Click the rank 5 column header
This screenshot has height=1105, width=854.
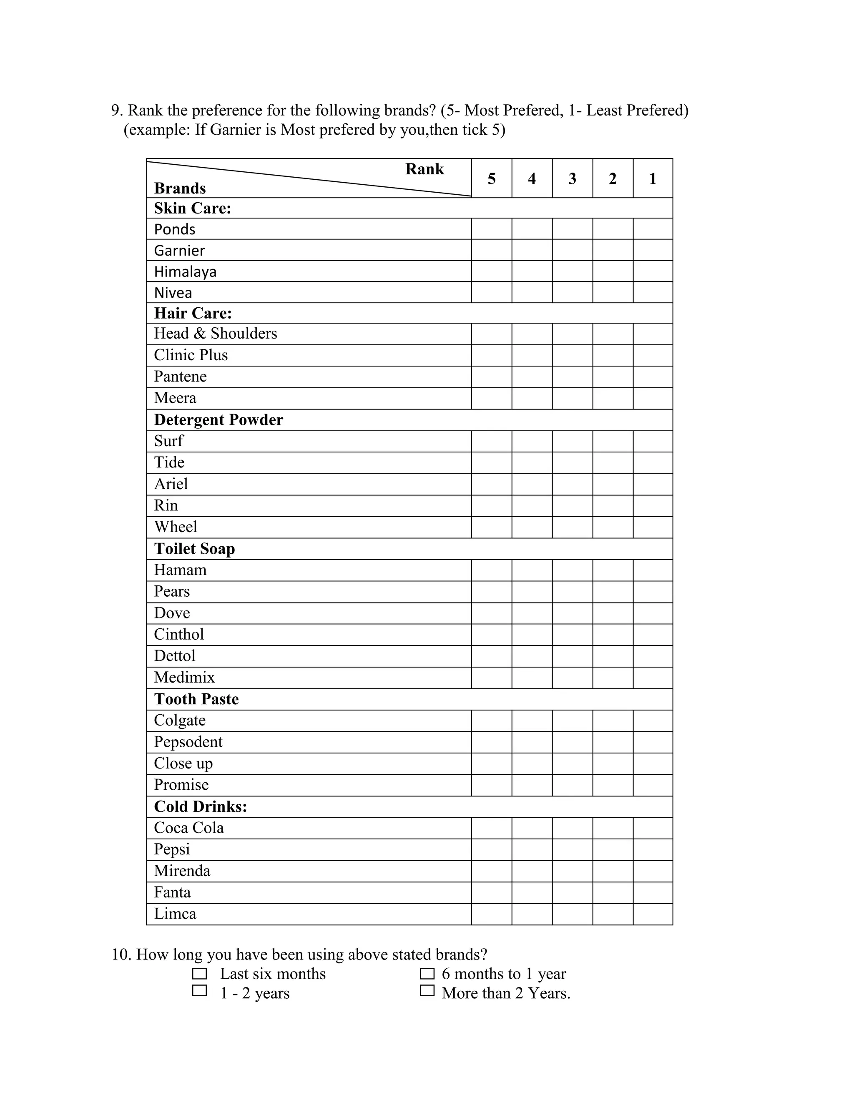pyautogui.click(x=491, y=178)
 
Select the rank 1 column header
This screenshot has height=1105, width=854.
pyautogui.click(x=653, y=178)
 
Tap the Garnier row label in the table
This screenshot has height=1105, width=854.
pyautogui.click(x=180, y=251)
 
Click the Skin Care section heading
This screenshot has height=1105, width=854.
pyautogui.click(x=193, y=208)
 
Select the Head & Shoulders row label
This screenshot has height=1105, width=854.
pyautogui.click(x=216, y=334)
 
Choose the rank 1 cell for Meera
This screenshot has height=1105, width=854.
pyautogui.click(x=653, y=398)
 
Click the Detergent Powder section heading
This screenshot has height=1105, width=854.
pyautogui.click(x=219, y=420)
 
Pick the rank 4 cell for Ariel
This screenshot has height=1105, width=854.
pyautogui.click(x=532, y=484)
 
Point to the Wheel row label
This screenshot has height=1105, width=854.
pyautogui.click(x=176, y=527)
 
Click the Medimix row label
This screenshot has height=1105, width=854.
pyautogui.click(x=185, y=678)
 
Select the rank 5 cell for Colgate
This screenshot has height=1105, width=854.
pyautogui.click(x=491, y=721)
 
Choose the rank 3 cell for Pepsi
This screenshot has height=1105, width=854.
pyautogui.click(x=572, y=849)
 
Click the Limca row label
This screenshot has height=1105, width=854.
pyautogui.click(x=175, y=914)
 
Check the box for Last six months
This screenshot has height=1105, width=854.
pyautogui.click(x=199, y=974)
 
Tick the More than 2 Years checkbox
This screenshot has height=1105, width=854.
pyautogui.click(x=427, y=991)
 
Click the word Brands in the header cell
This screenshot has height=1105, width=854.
pyautogui.click(x=180, y=188)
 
